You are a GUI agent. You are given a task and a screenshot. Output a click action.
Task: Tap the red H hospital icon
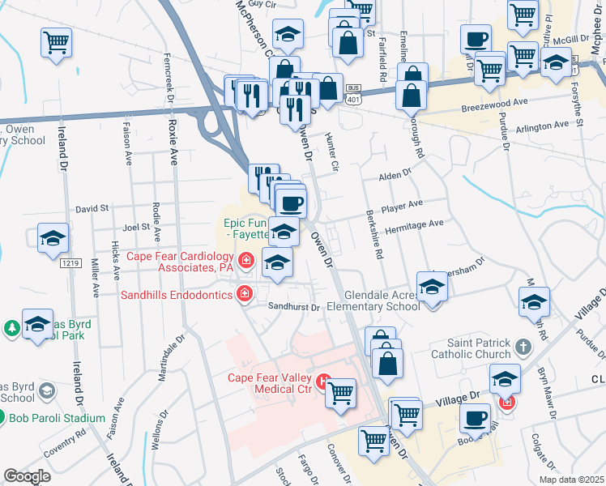(324, 379)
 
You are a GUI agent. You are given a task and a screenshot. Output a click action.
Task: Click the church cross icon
(523, 347)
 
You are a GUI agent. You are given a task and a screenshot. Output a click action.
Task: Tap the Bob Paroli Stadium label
(57, 418)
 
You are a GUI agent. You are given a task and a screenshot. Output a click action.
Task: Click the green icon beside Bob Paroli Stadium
(13, 419)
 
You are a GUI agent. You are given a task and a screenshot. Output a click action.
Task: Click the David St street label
(92, 208)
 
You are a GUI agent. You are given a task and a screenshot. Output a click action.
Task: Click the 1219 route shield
(71, 263)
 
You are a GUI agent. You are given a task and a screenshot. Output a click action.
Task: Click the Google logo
(27, 476)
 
